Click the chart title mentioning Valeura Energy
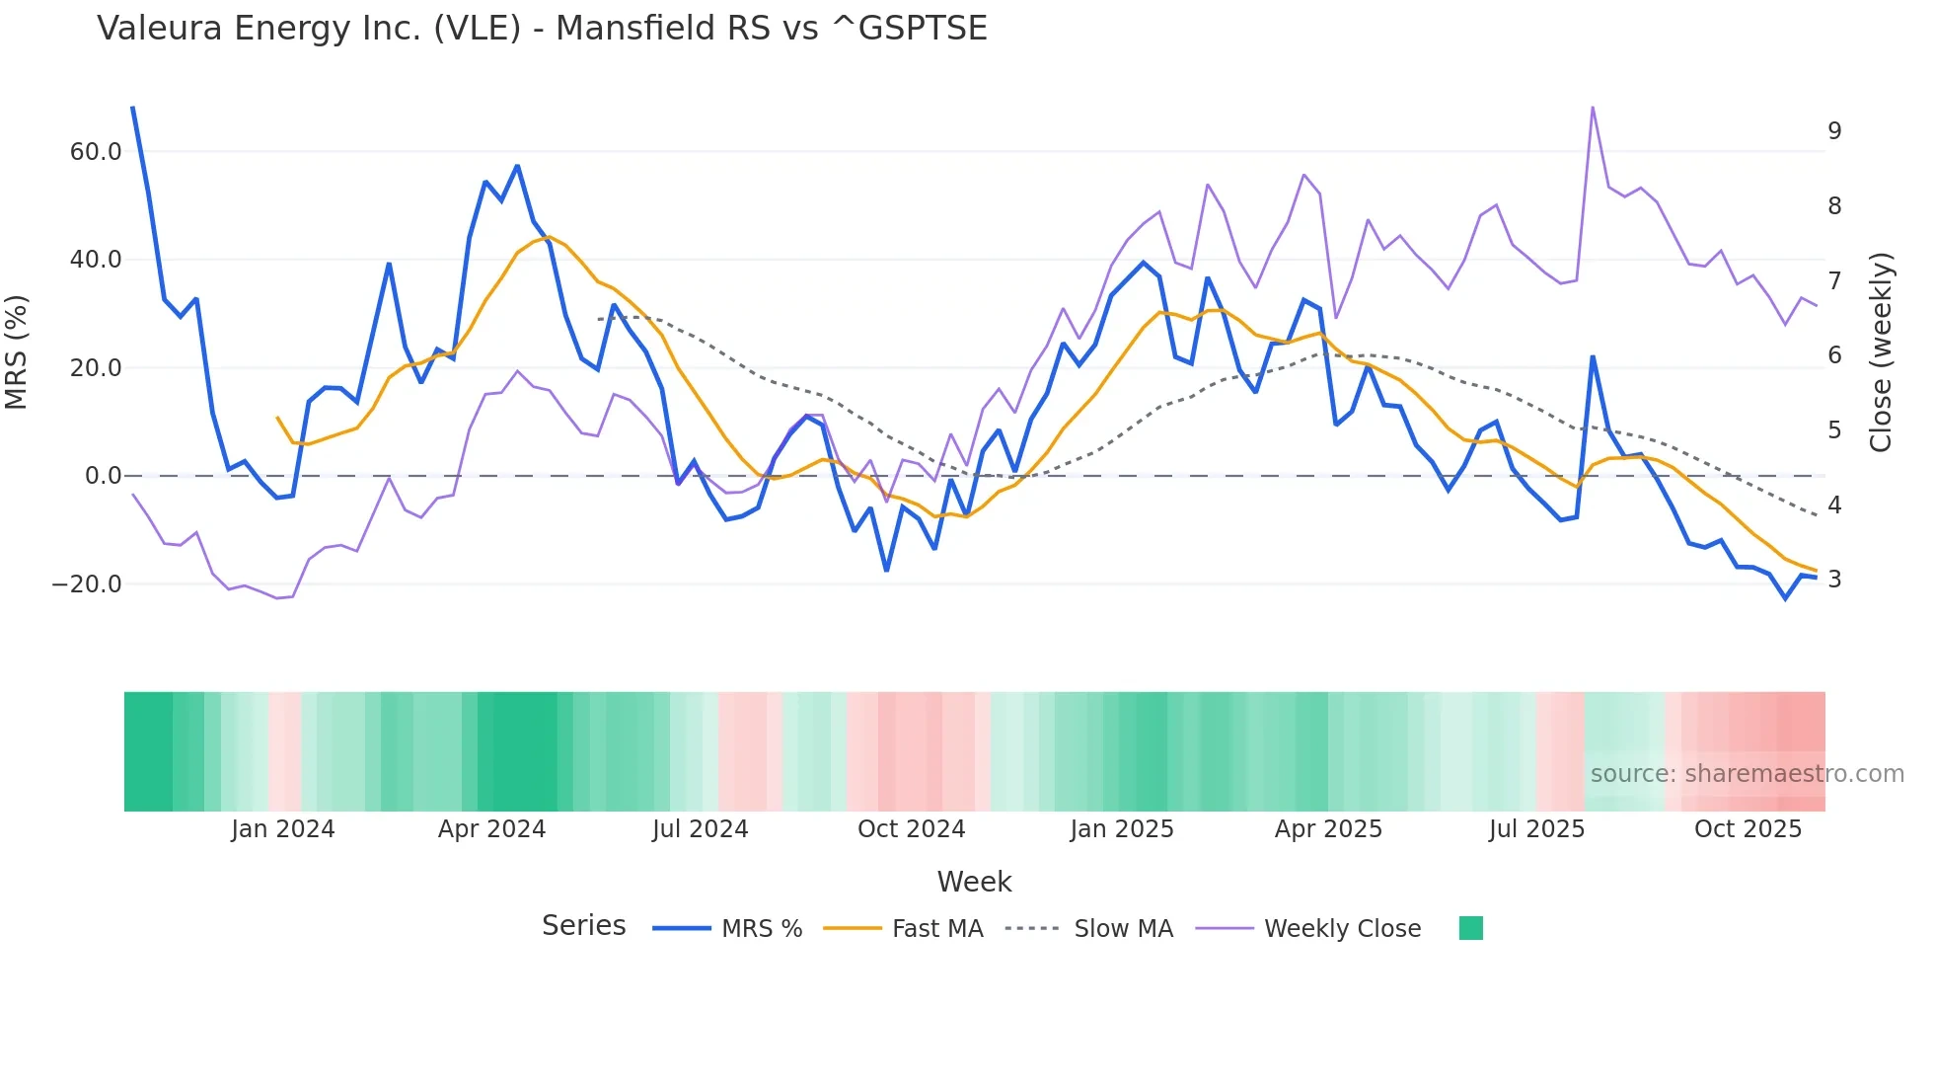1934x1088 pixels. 542,29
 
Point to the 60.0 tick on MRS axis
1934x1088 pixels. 96,152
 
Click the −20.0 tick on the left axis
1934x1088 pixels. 87,584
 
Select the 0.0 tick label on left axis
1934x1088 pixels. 103,476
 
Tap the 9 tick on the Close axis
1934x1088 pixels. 1834,131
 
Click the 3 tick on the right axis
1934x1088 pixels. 1834,580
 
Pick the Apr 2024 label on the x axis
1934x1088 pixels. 491,829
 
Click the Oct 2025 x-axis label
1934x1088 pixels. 1748,829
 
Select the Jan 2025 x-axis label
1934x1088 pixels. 1122,829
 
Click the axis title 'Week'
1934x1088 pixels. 974,882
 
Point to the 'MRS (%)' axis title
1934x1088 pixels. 17,351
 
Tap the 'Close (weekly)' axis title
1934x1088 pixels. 1881,352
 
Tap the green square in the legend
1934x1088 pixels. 1470,928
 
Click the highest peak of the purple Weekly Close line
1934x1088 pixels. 1593,108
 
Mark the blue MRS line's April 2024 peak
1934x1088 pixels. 517,166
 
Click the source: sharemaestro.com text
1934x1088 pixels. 1747,774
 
